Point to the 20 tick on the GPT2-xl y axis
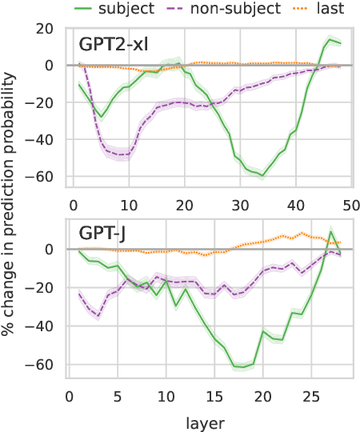(x=43, y=28)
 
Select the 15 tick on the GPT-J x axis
(x=214, y=397)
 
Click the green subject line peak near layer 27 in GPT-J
(x=330, y=233)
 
